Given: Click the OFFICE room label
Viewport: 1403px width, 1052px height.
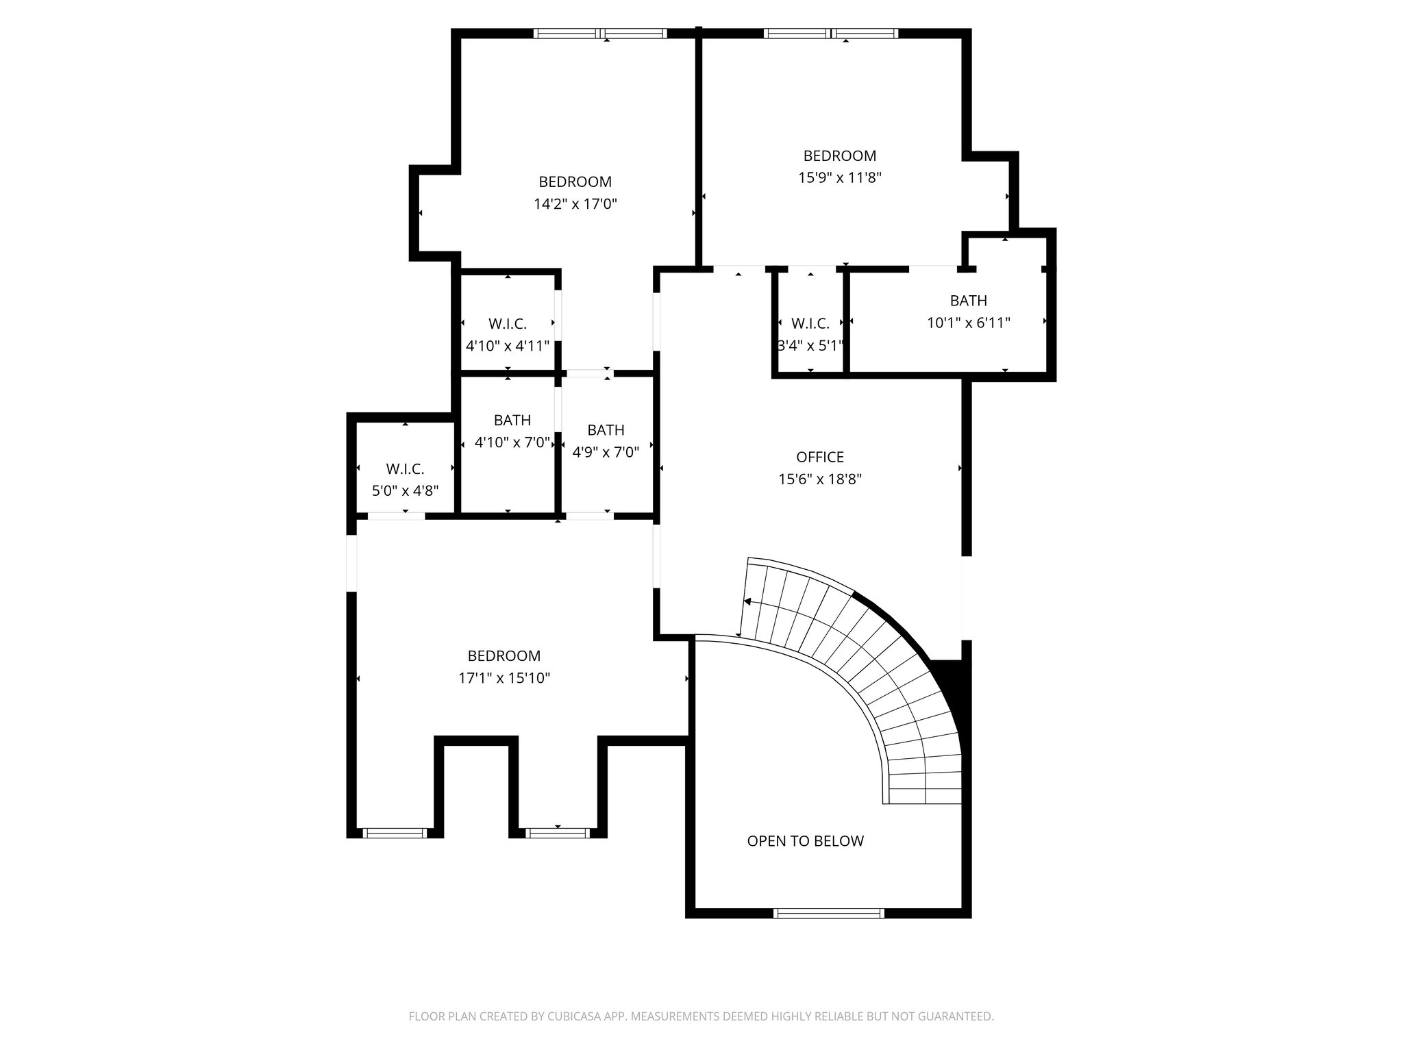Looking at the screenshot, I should tap(819, 457).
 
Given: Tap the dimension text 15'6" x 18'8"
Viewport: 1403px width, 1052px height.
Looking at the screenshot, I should tap(819, 479).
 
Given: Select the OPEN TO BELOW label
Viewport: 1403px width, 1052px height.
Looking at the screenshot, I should tap(805, 841).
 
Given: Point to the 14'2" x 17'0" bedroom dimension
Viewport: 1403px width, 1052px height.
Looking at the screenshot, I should tap(575, 204).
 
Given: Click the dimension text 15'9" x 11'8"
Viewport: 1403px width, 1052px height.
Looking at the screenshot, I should tap(839, 178).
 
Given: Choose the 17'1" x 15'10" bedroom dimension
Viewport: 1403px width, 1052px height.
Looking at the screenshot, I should tap(504, 679).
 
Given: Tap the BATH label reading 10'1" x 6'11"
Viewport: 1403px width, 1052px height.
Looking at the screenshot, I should tap(968, 301).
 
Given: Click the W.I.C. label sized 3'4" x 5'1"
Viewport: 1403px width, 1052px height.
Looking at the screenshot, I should tap(810, 323).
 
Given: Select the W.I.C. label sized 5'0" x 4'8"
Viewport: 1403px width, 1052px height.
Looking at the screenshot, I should tap(405, 469).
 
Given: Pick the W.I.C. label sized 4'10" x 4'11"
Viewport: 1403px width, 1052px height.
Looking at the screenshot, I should tap(507, 324).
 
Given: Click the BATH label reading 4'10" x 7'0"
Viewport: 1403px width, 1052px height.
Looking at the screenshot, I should tap(512, 420).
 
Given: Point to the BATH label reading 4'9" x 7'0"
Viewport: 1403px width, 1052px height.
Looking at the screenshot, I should tap(606, 430).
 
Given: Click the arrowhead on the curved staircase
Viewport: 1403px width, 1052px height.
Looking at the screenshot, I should tap(747, 602).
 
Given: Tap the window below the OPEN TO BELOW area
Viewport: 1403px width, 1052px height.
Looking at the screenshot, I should tap(828, 912).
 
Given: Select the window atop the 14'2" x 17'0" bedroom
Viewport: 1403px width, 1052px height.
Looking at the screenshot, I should tap(600, 33).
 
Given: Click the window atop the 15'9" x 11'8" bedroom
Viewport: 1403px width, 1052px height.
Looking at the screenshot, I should tap(830, 33).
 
